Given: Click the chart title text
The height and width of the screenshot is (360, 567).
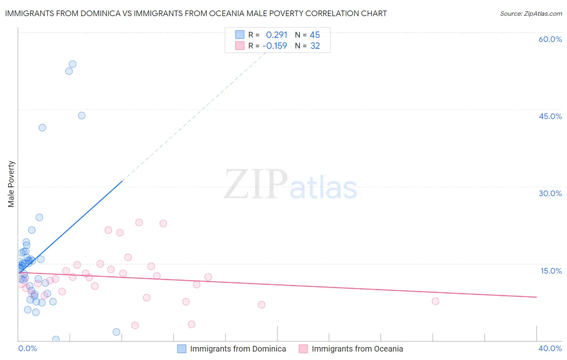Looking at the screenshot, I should (x=196, y=13).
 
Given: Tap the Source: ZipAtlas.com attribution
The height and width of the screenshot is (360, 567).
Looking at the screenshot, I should (x=531, y=13).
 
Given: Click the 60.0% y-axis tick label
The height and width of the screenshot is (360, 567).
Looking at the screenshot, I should (x=550, y=39).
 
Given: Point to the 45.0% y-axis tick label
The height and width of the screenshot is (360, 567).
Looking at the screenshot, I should (x=550, y=116).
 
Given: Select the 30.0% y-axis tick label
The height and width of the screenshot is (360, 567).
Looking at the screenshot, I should (x=550, y=193).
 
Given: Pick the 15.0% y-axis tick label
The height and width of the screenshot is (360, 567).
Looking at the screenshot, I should (x=551, y=271).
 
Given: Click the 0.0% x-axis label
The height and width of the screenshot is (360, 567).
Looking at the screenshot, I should (x=27, y=348).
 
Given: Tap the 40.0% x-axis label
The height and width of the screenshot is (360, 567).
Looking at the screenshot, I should (x=550, y=348).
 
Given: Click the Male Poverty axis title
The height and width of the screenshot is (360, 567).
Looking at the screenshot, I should (x=11, y=184).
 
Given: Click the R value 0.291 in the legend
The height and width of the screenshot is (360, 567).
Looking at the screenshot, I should (x=276, y=35).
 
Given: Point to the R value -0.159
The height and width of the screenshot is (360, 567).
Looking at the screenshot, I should (x=275, y=46).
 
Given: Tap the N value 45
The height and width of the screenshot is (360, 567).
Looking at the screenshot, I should (x=315, y=35).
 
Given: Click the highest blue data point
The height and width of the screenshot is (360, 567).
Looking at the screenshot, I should (x=73, y=64).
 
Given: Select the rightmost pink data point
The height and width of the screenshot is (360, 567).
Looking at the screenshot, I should (x=435, y=301).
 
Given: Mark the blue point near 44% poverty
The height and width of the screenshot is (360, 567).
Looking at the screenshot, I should (x=81, y=115).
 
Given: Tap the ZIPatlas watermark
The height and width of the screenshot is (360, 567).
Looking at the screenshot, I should (x=290, y=185).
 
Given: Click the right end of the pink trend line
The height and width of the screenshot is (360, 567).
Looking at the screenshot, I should (x=536, y=297).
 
